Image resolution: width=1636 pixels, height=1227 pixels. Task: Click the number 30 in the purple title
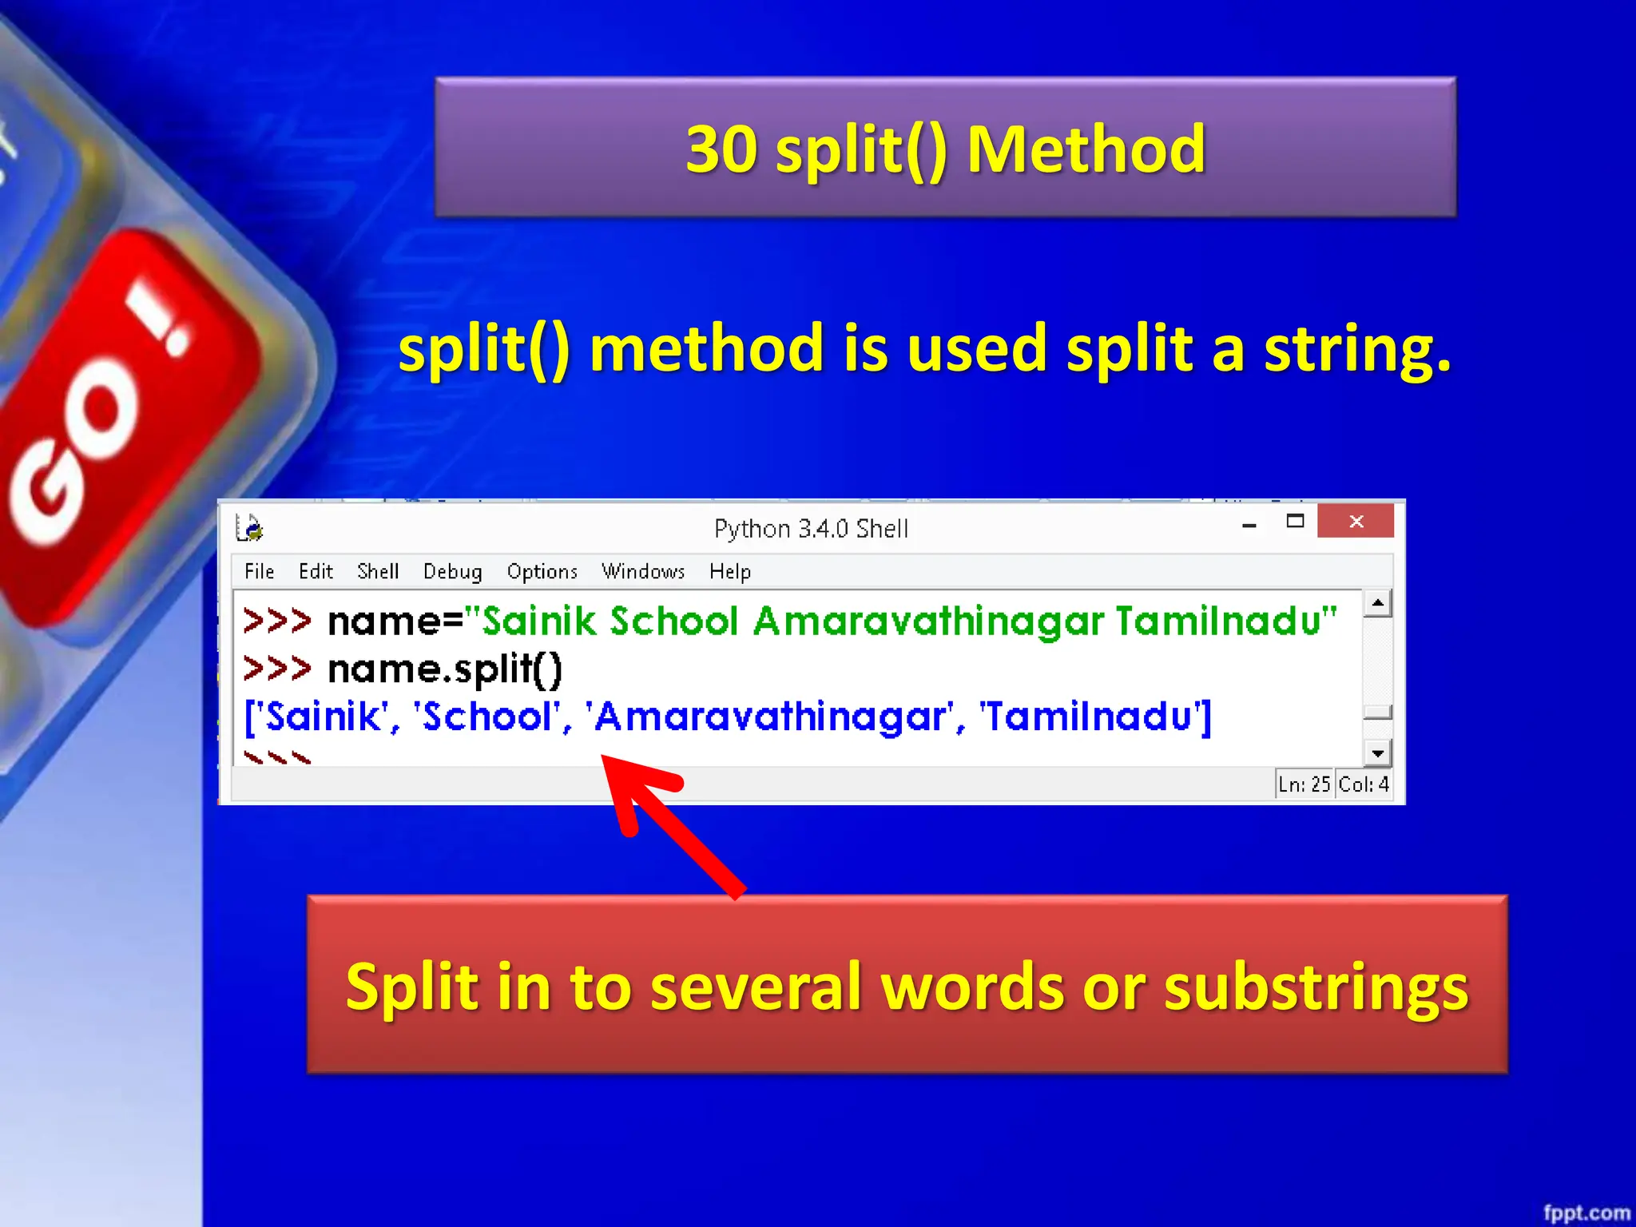coord(721,149)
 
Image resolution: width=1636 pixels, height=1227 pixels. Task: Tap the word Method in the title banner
coord(1086,149)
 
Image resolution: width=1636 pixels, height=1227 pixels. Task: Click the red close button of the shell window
coord(1356,522)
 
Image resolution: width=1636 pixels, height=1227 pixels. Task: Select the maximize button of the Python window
coord(1295,522)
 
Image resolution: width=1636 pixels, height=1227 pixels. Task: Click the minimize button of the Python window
coord(1249,525)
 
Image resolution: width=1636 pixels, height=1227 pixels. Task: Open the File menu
coord(259,571)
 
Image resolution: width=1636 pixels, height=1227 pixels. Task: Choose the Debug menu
coord(452,571)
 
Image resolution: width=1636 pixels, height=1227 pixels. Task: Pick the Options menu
coord(542,571)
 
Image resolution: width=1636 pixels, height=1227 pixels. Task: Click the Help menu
coord(729,571)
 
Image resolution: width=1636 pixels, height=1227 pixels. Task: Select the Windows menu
coord(643,571)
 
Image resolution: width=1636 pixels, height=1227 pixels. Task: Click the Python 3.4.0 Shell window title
coord(811,529)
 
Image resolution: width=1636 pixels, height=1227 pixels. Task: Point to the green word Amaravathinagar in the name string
coord(928,621)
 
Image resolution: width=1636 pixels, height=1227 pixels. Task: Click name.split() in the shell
coord(445,669)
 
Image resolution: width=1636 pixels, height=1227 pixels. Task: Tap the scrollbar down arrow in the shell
coord(1377,752)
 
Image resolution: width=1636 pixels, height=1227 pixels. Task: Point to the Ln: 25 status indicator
coord(1304,784)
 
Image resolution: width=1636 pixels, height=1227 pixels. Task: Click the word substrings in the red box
coord(1316,987)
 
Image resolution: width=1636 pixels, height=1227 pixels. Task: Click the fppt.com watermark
coord(1586,1213)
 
